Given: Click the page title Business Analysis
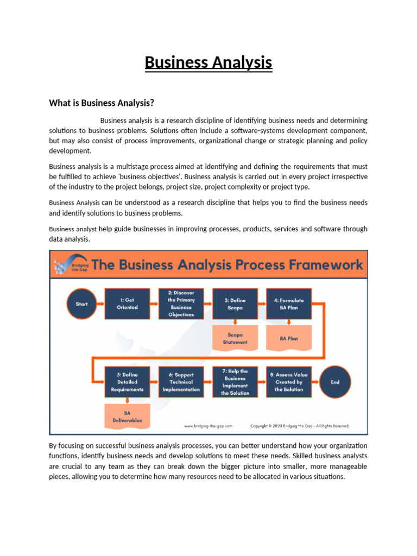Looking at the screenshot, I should (208, 63).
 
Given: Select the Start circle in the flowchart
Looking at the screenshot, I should (81, 304).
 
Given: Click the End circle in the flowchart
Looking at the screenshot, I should (335, 382).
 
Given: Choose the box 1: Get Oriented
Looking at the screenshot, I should (127, 304).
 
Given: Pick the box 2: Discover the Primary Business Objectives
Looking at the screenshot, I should (181, 304).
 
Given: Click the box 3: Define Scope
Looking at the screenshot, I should (235, 304).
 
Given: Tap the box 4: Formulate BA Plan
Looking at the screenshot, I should (289, 304).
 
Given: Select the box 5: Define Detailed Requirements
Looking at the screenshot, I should (127, 382).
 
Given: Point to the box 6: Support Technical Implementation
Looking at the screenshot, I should (181, 382).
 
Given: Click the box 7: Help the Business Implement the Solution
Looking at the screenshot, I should (235, 382).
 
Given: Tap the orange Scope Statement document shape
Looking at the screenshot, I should (235, 338).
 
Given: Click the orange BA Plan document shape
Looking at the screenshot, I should (289, 338).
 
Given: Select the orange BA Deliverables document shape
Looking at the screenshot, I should (127, 416).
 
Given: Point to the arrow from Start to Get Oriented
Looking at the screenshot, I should (100, 304).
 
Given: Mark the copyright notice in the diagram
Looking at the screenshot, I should (299, 426).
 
